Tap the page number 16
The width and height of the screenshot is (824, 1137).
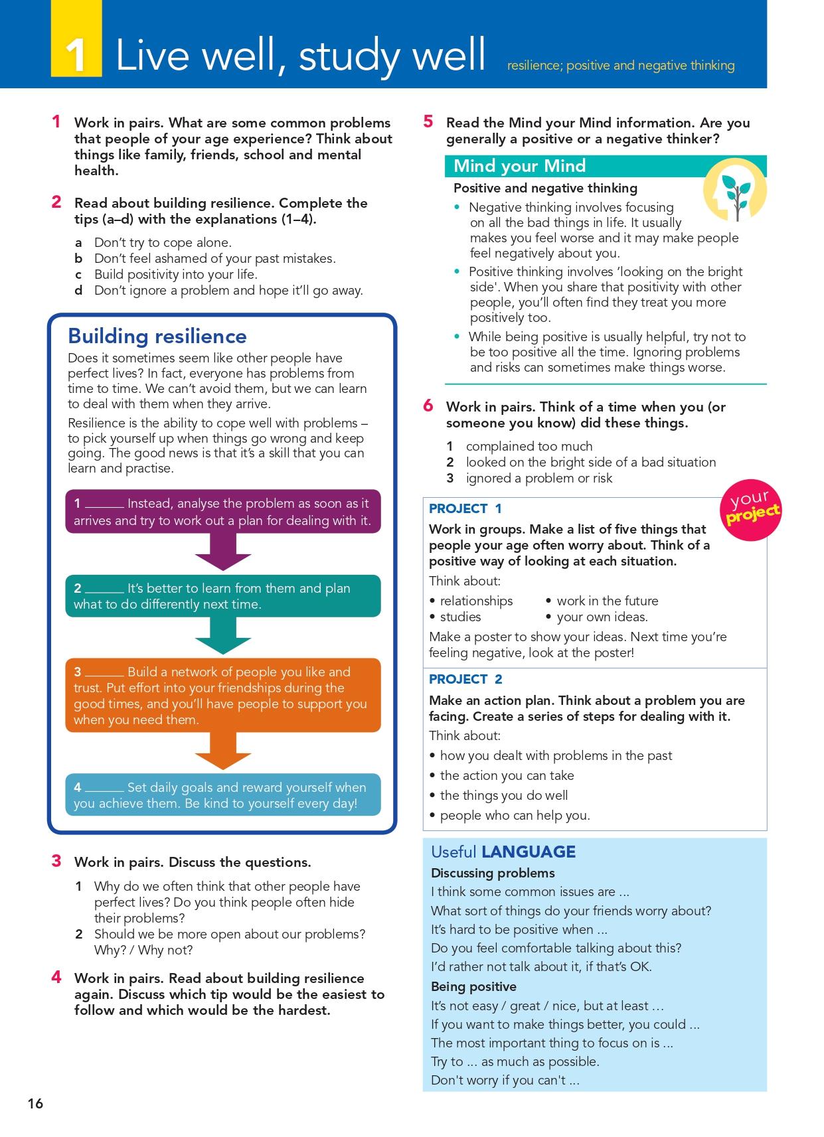pos(35,1103)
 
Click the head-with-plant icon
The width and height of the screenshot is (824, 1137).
pos(734,191)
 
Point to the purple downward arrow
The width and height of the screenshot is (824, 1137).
pos(223,552)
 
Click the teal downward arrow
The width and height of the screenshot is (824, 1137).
pos(223,636)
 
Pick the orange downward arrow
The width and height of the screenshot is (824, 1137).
pos(223,751)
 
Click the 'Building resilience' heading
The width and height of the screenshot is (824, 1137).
pos(157,336)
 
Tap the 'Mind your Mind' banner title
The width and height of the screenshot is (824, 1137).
pos(519,166)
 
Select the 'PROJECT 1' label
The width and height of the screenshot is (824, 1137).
pos(465,508)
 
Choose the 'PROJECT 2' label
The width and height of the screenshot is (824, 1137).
pos(465,679)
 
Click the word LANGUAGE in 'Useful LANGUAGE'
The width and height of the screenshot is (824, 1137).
pos(529,852)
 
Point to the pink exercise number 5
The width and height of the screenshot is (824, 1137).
pos(428,121)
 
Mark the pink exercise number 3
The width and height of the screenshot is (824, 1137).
pos(56,861)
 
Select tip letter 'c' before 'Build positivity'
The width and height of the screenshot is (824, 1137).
pos(78,275)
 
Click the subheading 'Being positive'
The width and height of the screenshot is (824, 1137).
pos(473,986)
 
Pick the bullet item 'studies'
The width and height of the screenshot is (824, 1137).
pos(460,617)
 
